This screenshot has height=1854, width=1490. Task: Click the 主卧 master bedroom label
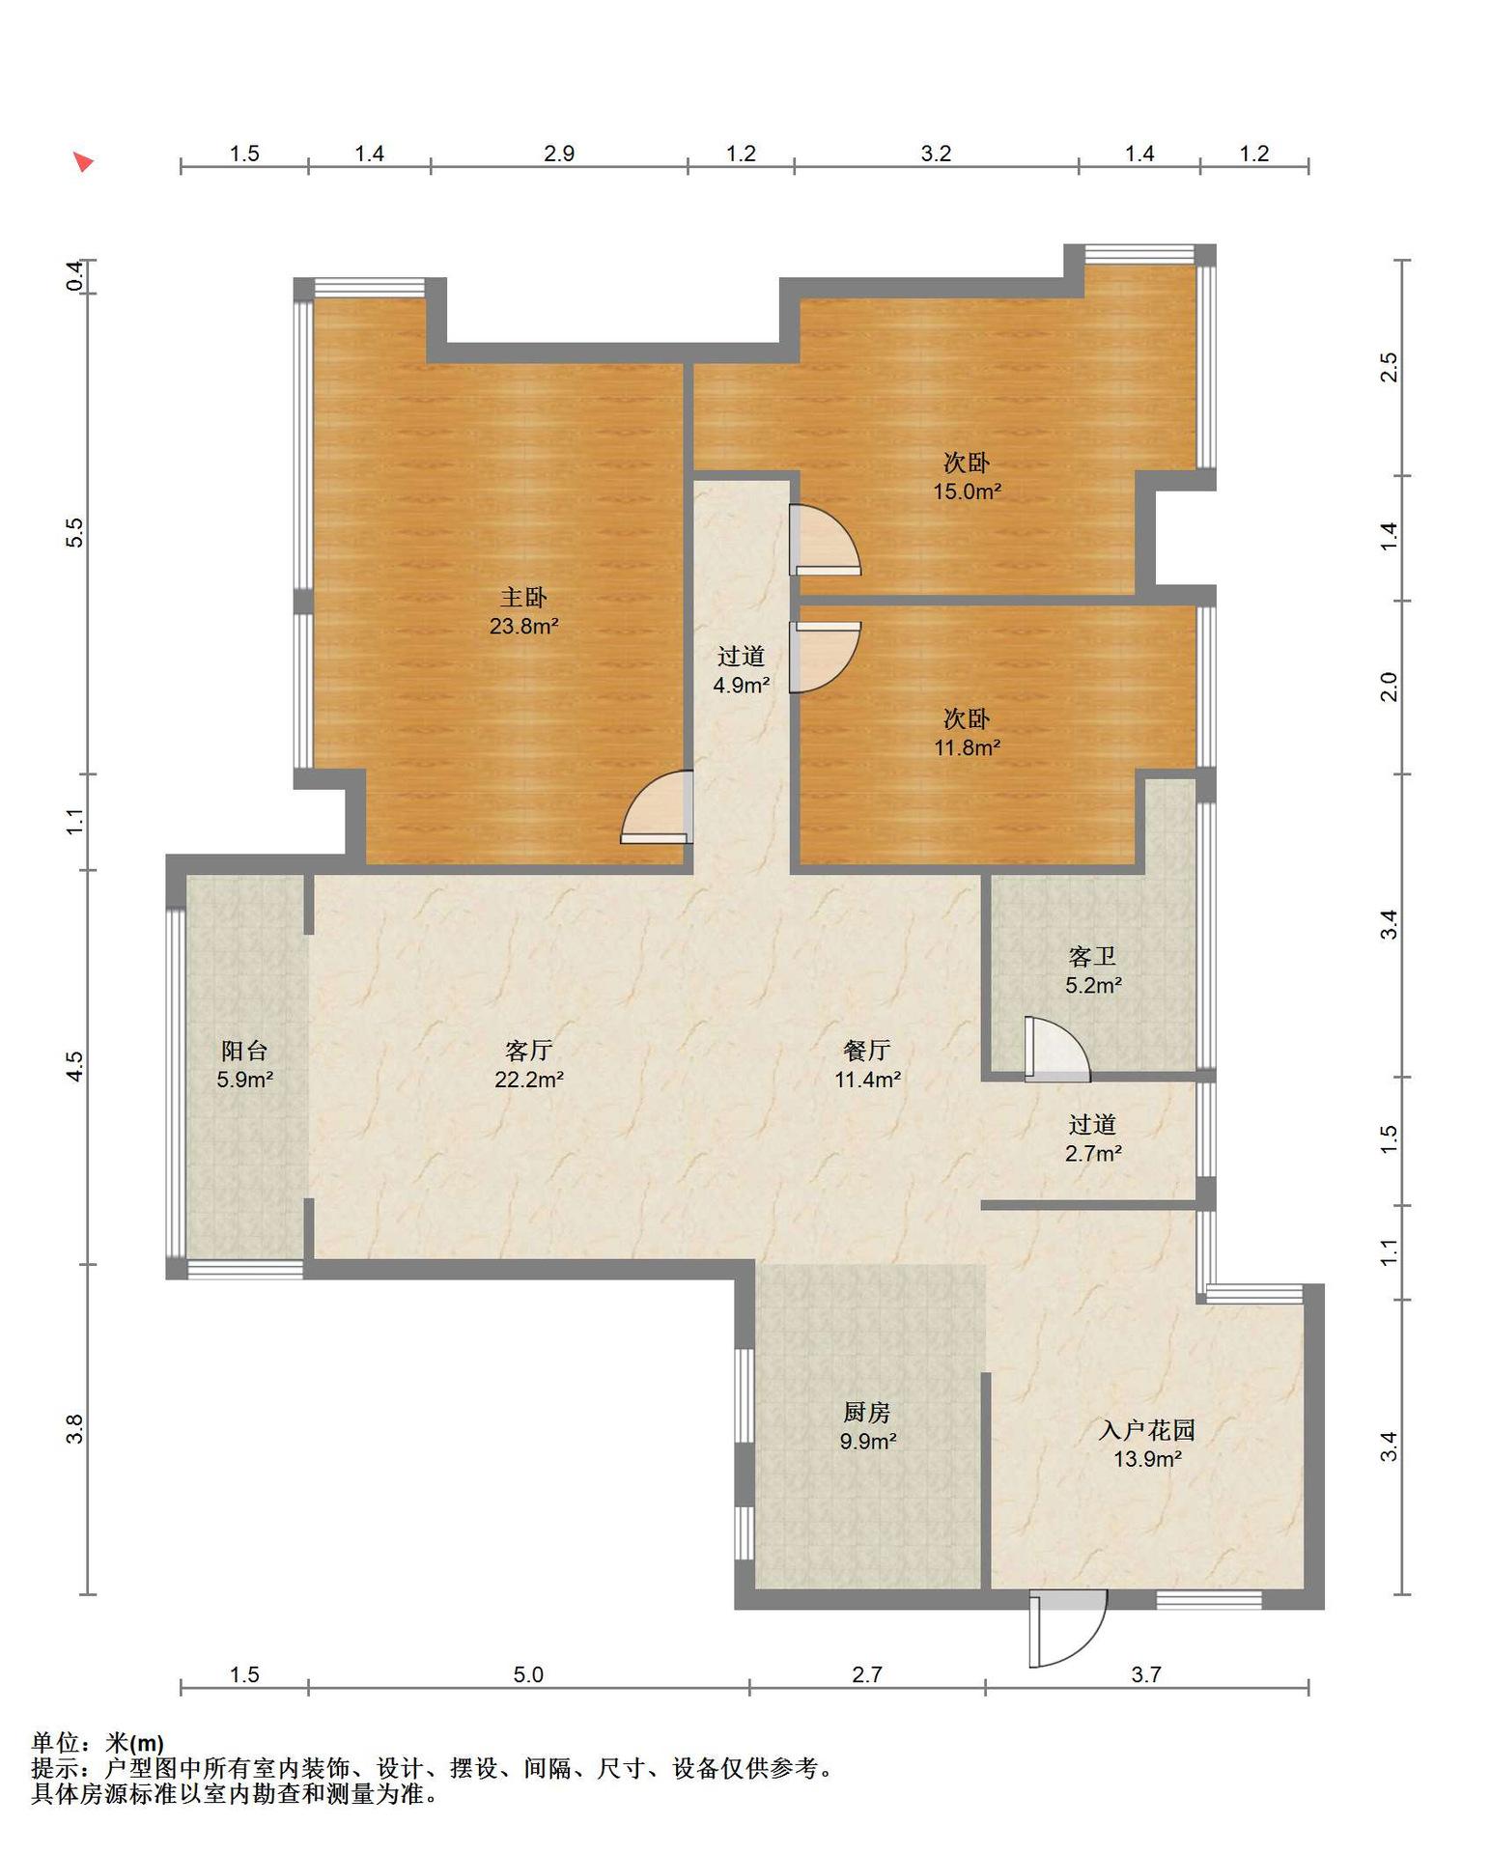523,598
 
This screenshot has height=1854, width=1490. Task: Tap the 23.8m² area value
524,626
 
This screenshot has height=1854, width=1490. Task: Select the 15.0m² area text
967,491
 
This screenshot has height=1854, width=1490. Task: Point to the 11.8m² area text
967,746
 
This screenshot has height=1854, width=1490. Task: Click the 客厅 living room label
528,1050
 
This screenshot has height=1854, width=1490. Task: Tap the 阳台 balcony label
244,1050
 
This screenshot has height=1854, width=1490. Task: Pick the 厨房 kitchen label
867,1412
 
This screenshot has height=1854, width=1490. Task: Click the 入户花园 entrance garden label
1147,1429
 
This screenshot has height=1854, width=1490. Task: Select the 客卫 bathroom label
1093,956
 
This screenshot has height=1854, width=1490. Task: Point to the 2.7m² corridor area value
1093,1153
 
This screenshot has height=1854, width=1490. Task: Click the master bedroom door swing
658,807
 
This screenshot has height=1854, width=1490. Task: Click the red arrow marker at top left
84,161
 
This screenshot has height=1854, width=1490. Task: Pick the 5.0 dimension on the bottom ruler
528,1674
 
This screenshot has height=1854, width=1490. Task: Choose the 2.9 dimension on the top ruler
559,154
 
